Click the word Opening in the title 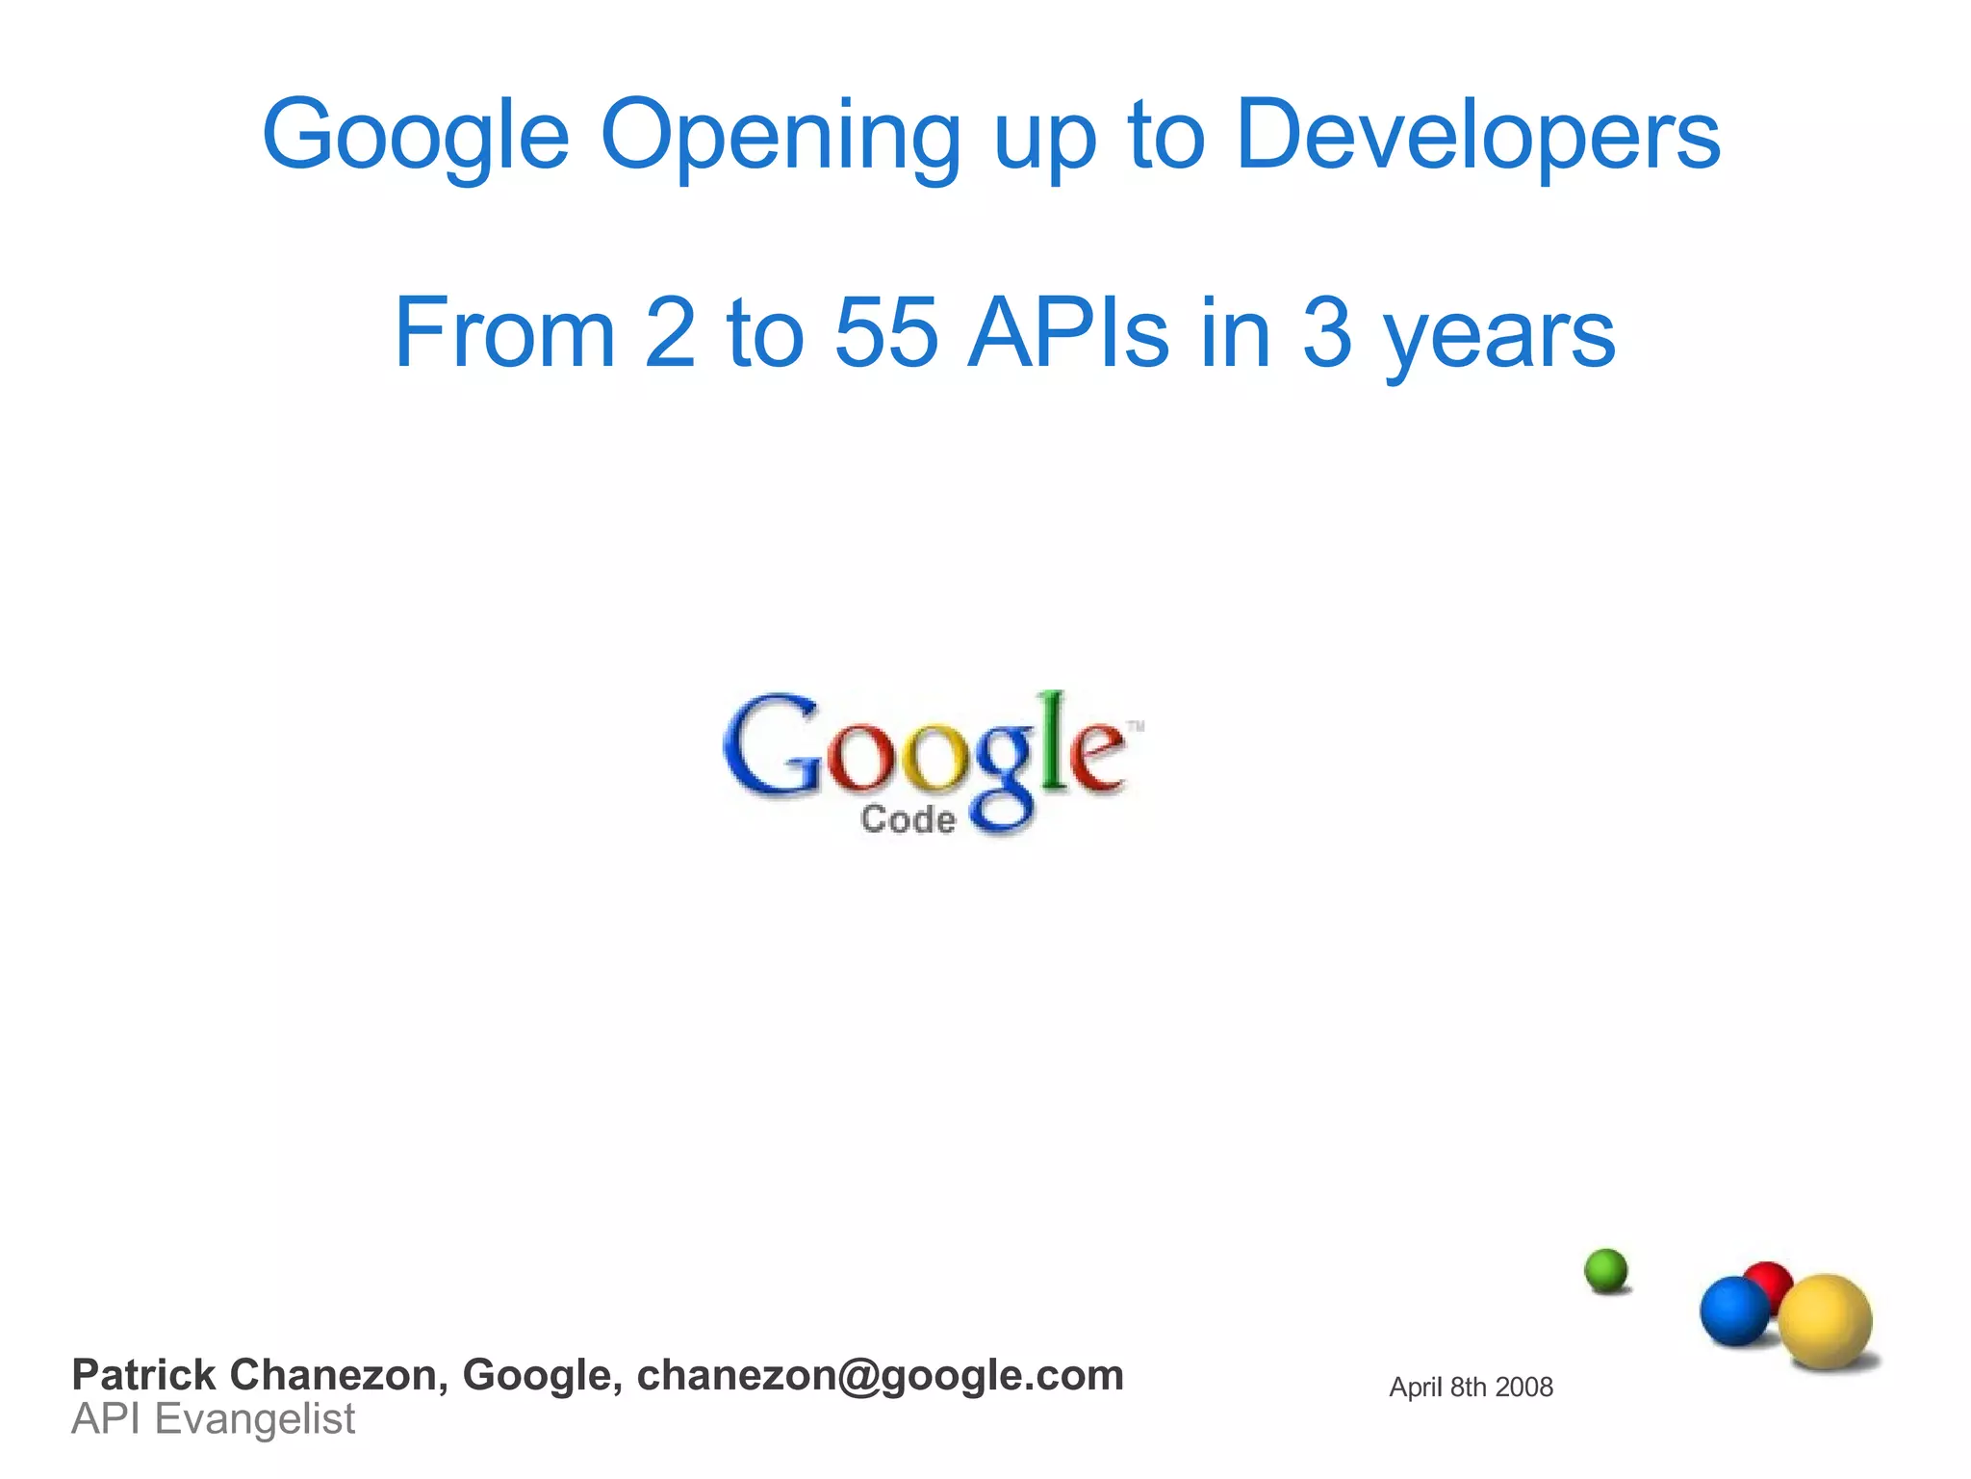780,137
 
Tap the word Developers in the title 1477,137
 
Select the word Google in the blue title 416,137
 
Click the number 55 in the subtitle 885,333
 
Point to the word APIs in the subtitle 1068,333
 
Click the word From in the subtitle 504,333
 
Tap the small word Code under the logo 908,819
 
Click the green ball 1605,1271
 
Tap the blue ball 1734,1310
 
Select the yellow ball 1825,1321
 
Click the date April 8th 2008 1471,1388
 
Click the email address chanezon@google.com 880,1375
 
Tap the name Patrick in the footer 143,1375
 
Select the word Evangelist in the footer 255,1419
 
